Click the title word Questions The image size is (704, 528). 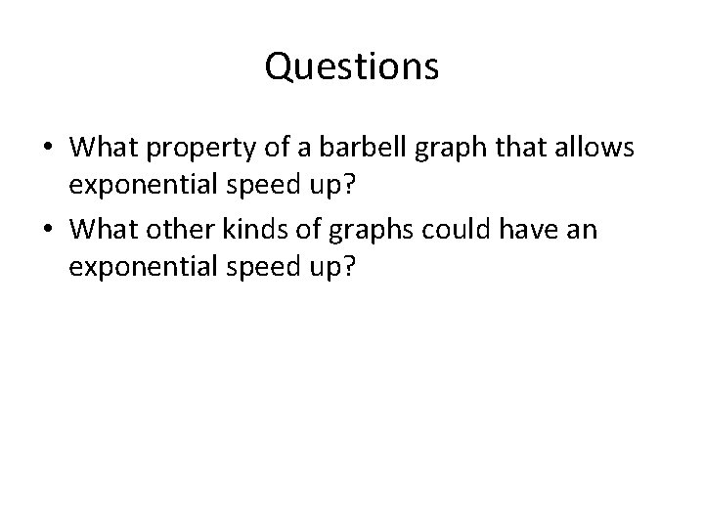click(x=352, y=67)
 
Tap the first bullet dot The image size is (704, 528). click(x=48, y=150)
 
